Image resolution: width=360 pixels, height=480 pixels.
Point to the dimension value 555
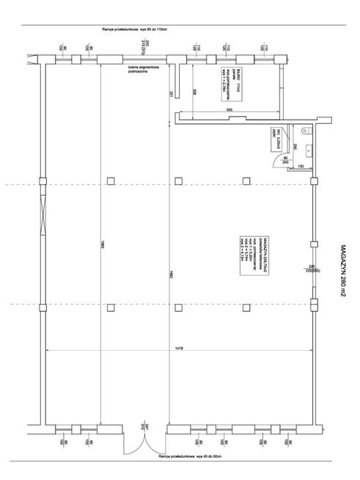229,109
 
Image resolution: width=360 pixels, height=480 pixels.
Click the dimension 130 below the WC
300,165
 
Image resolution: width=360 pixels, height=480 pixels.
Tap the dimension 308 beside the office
194,92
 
